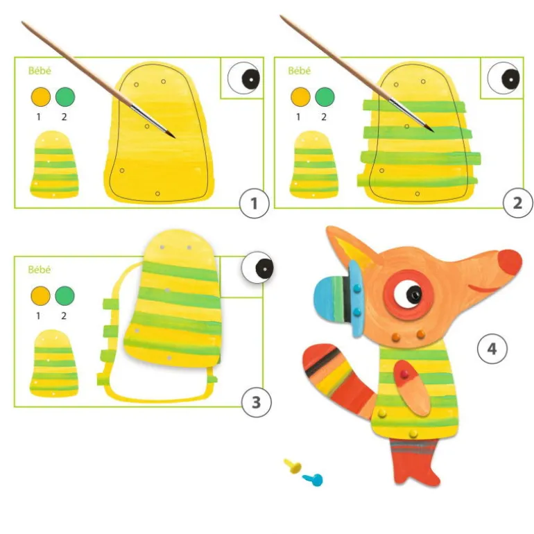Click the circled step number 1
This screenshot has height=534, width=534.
tap(254, 203)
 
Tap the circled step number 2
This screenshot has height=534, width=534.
tap(517, 203)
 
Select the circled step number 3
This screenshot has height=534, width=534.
tap(257, 402)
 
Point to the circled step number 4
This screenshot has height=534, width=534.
tap(492, 349)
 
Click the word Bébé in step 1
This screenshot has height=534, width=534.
tap(40, 71)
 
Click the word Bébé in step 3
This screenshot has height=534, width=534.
tap(39, 270)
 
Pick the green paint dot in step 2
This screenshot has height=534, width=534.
tap(325, 96)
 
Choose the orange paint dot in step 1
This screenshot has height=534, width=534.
tap(40, 96)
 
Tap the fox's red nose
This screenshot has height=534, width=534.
tap(510, 264)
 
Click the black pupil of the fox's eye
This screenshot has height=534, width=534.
tap(414, 294)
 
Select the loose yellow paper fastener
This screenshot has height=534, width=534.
tap(293, 465)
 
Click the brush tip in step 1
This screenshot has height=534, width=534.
tap(173, 137)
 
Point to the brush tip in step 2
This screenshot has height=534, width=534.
tap(432, 130)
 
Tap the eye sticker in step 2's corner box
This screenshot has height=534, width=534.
tap(503, 78)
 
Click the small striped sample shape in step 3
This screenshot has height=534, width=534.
tap(54, 363)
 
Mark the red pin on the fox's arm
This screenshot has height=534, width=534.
tap(404, 374)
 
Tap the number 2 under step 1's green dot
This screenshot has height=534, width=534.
tap(64, 117)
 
